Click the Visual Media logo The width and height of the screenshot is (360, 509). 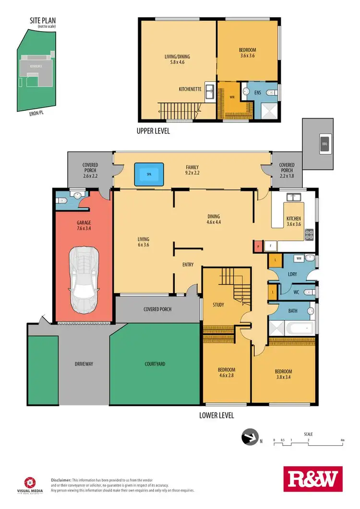click(32, 485)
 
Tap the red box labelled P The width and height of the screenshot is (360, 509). click(258, 247)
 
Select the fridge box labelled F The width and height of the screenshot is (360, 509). click(270, 247)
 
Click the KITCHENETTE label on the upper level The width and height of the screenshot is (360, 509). click(190, 89)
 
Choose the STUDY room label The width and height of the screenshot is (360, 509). click(219, 304)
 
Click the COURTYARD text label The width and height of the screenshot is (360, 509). click(155, 364)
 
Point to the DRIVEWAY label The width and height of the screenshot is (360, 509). click(84, 364)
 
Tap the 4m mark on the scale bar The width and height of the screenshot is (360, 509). click(342, 439)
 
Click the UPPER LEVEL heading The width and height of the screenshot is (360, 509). click(153, 130)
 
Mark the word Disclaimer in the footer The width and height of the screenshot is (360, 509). click(61, 480)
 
